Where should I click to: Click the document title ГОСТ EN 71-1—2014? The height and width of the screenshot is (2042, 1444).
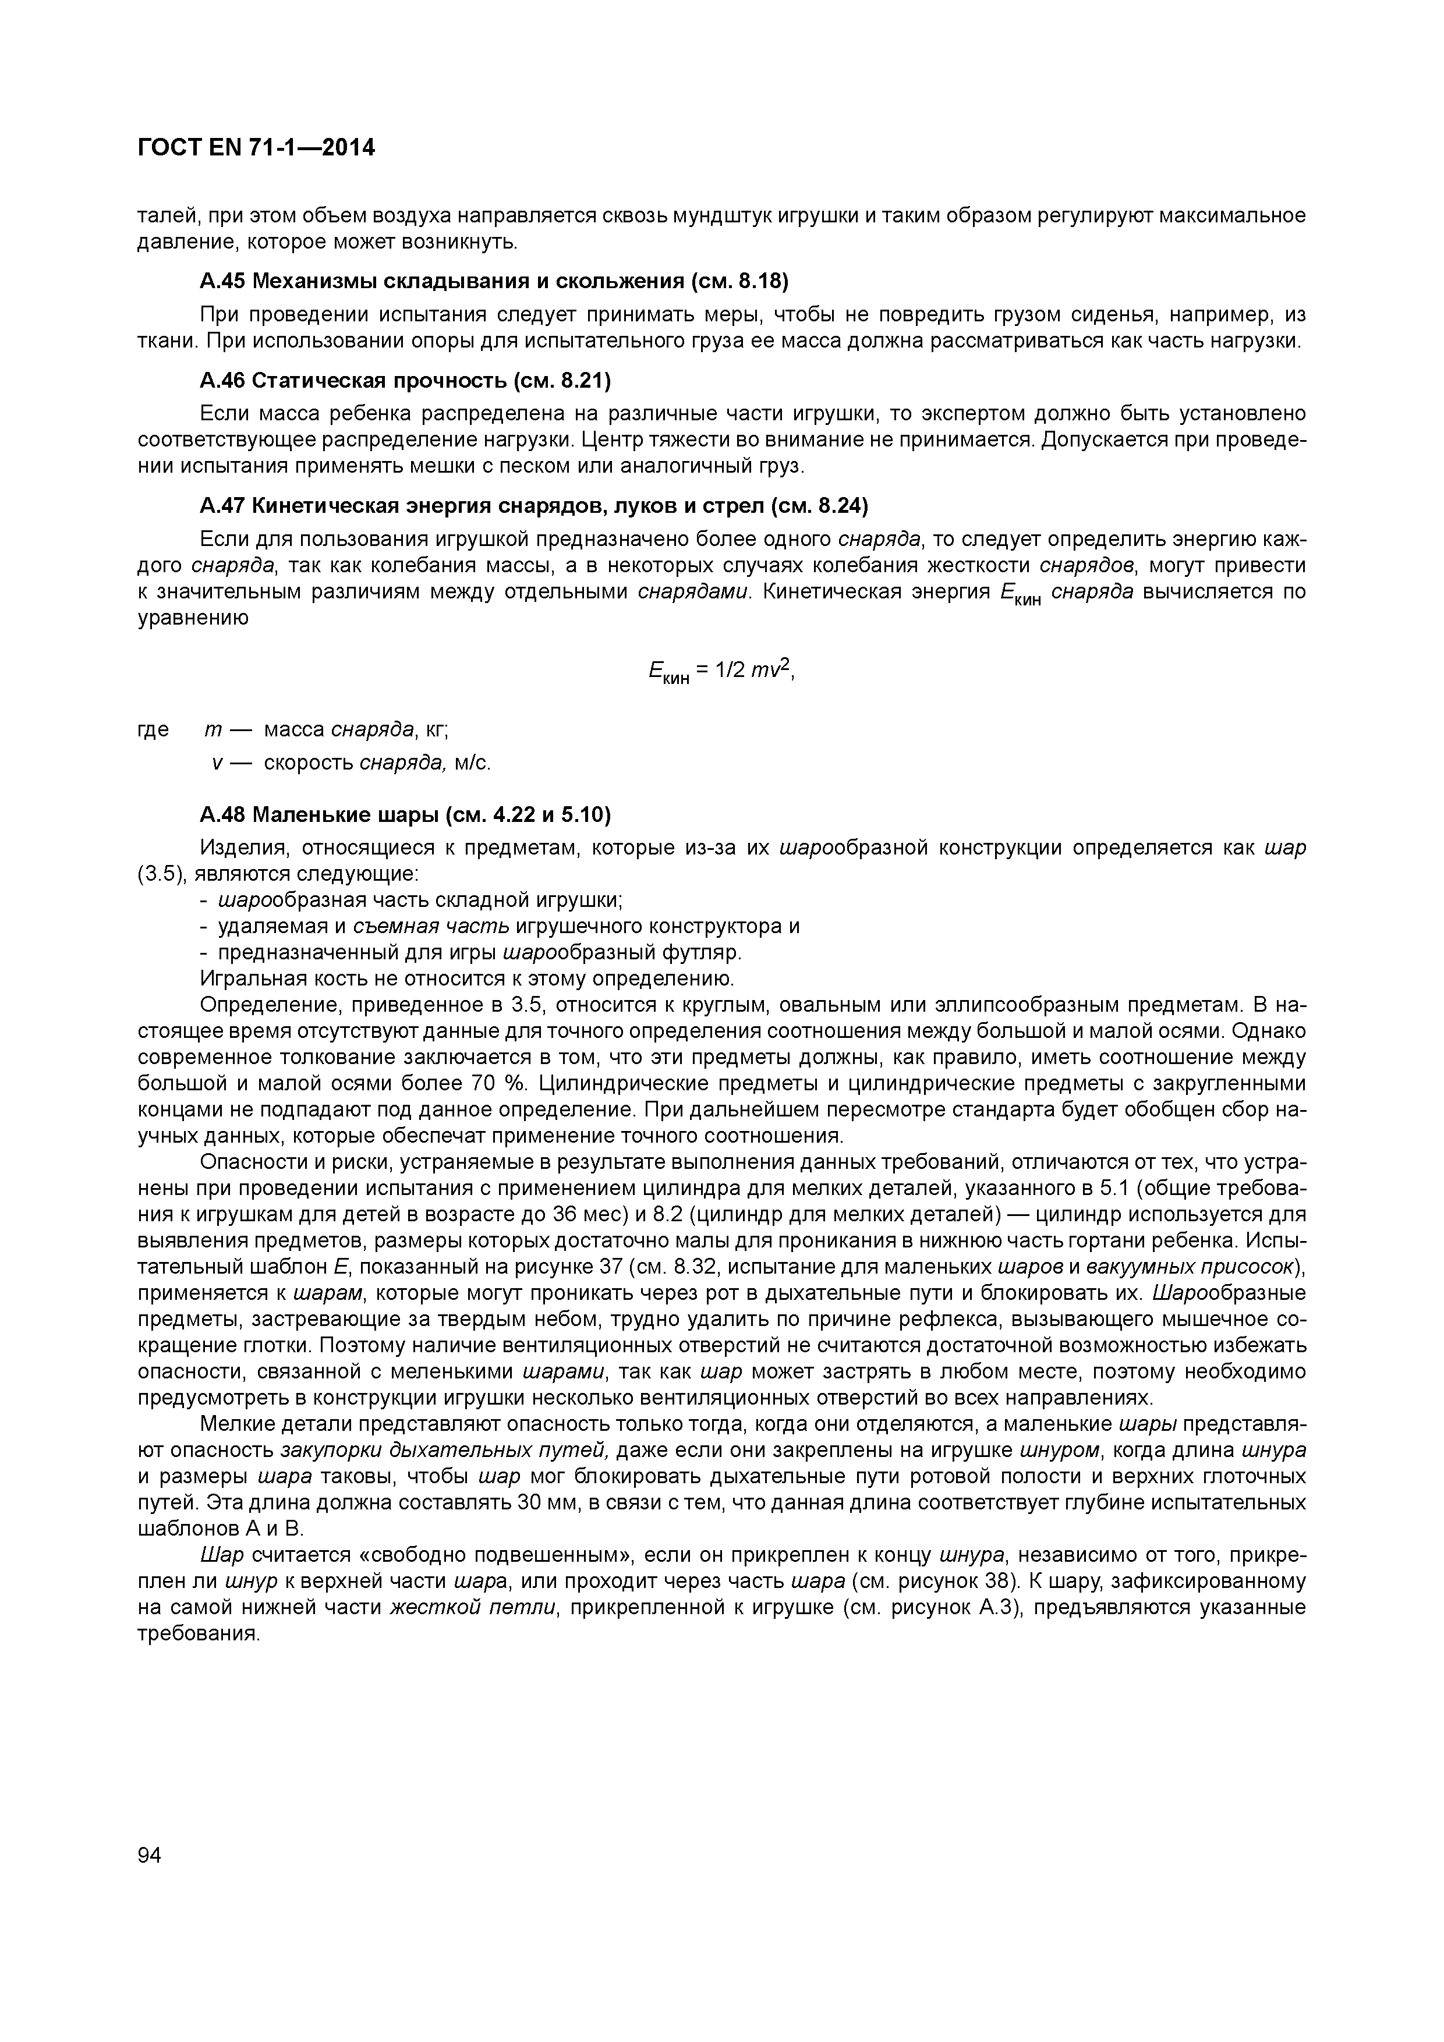(x=256, y=148)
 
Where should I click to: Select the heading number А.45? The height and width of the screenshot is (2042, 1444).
(x=222, y=281)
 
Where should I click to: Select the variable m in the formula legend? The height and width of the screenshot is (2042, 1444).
(x=213, y=730)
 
